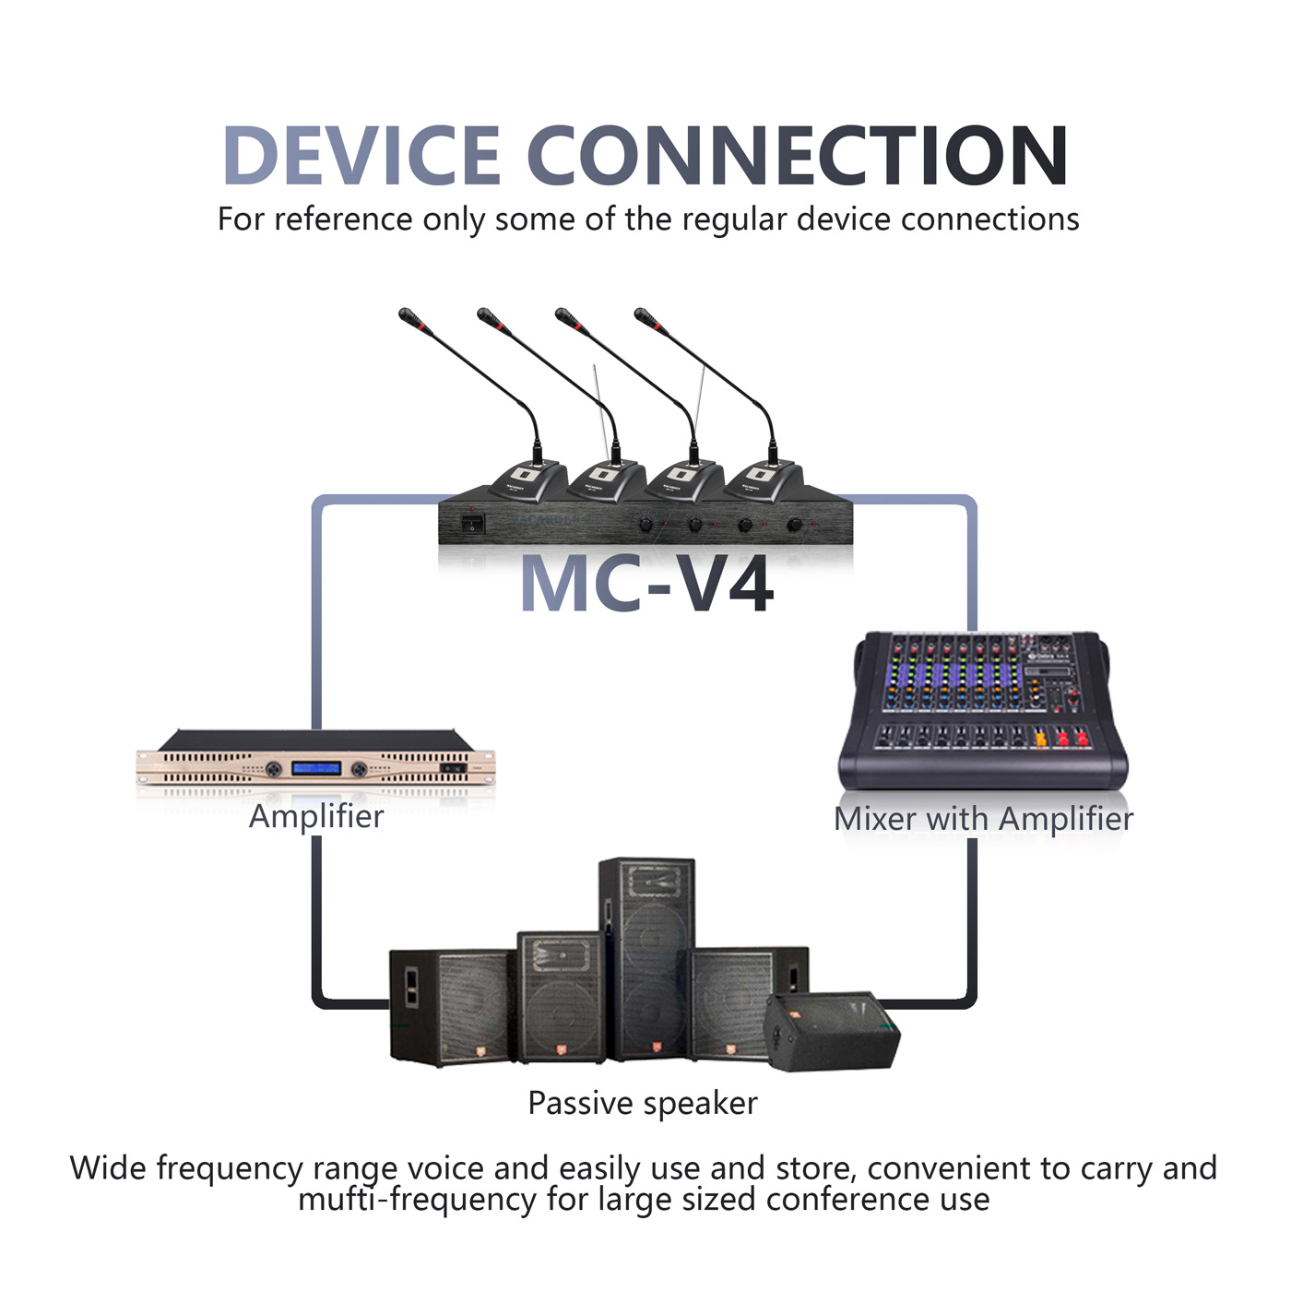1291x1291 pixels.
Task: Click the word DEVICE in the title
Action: click(x=361, y=156)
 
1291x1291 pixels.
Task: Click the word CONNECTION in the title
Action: click(x=798, y=156)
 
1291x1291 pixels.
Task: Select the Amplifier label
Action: click(x=316, y=817)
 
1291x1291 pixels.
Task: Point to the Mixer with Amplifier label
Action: click(x=984, y=819)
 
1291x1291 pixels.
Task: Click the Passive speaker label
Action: click(x=643, y=1104)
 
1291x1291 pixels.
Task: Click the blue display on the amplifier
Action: click(x=316, y=768)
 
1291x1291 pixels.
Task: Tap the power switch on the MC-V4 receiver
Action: click(x=473, y=523)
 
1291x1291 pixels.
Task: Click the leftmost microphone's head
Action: click(x=409, y=317)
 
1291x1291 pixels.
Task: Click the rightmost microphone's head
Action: click(x=645, y=317)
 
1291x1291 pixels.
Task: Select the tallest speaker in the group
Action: click(x=647, y=959)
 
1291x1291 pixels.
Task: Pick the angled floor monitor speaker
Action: click(x=832, y=1030)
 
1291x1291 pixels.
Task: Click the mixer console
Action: click(x=984, y=710)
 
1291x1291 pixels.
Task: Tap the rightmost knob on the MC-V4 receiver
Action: click(x=795, y=525)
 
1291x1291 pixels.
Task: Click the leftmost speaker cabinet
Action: click(x=453, y=1006)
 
